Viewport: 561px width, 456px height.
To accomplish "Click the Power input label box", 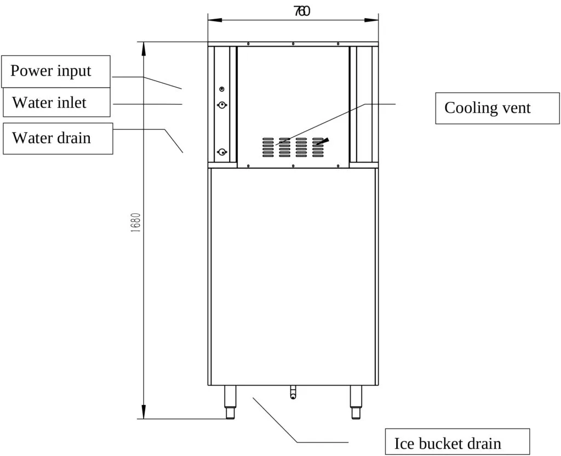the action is pos(56,71).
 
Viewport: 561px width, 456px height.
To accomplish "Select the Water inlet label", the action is pos(56,102).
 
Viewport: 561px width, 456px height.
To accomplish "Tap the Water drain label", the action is pos(58,139).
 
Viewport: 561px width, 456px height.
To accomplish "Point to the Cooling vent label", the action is pos(497,108).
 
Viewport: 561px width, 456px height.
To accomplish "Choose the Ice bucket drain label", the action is pos(457,442).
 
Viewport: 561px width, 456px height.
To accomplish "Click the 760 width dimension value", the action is pos(302,12).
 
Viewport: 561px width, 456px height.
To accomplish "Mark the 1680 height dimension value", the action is pos(136,223).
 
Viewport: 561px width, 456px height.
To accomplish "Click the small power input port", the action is pos(222,89).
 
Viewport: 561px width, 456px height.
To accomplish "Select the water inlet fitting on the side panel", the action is pos(222,105).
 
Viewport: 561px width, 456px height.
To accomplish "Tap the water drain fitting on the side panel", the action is pos(222,152).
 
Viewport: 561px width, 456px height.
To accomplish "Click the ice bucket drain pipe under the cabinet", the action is pos(293,392).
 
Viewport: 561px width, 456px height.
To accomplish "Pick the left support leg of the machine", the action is pos(230,402).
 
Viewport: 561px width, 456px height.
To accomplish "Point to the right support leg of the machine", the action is pos(356,402).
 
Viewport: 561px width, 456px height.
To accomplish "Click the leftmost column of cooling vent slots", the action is pos(268,147).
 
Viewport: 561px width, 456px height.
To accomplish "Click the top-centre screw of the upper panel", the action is pos(293,44).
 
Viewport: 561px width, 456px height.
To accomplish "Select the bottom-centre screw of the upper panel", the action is pos(293,166).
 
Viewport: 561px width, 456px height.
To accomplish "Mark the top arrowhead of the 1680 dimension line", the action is pos(144,49).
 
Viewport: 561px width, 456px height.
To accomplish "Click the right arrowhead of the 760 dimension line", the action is pos(371,20).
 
